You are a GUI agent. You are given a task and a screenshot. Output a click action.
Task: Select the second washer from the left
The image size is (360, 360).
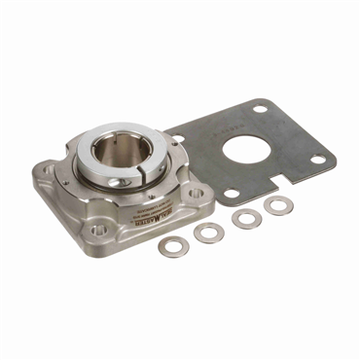207,233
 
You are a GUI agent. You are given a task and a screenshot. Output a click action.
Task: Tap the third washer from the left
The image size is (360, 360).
246,218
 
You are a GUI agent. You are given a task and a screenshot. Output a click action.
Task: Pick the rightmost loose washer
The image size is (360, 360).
278,205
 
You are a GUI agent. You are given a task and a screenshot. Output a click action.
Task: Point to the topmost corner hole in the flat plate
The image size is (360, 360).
260,109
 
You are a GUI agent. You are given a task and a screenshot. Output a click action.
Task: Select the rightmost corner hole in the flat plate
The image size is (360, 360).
317,161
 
